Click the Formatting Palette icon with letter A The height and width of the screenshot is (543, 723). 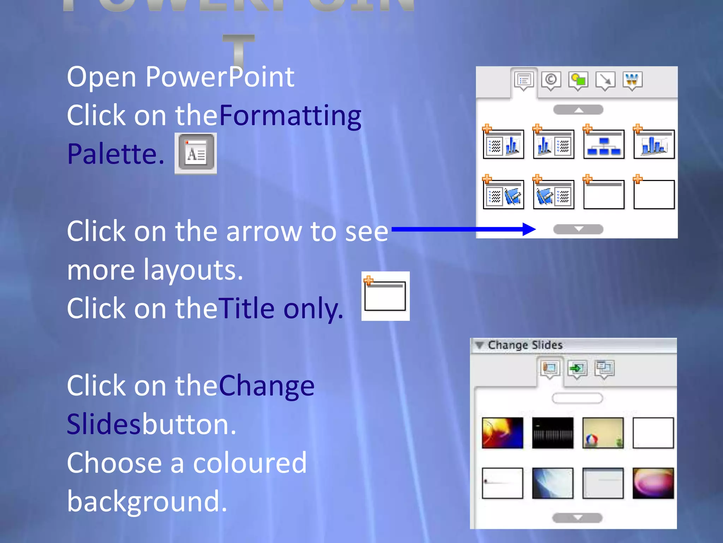196,153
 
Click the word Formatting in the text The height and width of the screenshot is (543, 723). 290,116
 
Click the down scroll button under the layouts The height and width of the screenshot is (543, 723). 578,229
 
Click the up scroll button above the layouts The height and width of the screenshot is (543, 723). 578,110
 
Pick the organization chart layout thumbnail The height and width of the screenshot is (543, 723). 604,145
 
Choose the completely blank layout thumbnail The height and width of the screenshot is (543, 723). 654,194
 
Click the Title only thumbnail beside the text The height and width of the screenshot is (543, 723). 385,296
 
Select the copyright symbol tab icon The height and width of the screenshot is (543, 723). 551,80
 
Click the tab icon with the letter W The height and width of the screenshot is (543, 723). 632,80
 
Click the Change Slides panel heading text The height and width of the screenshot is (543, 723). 525,345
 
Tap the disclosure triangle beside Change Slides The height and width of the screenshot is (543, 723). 479,345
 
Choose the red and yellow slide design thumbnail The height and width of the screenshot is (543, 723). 502,433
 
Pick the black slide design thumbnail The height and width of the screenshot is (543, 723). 553,433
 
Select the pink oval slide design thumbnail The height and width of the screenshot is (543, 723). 653,483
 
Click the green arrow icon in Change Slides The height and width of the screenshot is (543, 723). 577,369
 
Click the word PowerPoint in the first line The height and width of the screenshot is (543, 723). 220,77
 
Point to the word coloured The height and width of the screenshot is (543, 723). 250,463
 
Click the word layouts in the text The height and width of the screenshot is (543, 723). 193,270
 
